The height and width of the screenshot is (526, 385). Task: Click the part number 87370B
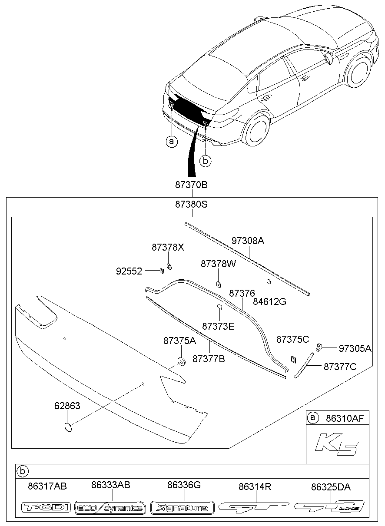click(x=191, y=185)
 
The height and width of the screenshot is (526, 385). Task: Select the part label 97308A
click(x=248, y=241)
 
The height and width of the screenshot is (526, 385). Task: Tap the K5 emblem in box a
click(x=336, y=444)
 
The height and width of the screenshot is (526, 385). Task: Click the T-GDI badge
click(x=46, y=507)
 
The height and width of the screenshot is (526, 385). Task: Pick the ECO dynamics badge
click(x=110, y=507)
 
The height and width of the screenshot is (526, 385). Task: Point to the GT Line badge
click(x=329, y=506)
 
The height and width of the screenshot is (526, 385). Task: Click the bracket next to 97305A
click(x=320, y=346)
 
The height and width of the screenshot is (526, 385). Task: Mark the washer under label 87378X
click(x=169, y=266)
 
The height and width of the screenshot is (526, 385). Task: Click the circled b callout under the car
click(x=205, y=161)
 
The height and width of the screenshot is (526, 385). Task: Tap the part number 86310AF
click(x=345, y=418)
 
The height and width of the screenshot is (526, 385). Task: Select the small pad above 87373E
click(x=219, y=307)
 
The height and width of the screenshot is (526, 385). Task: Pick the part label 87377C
click(x=340, y=367)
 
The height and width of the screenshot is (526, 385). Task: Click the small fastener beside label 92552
click(x=162, y=271)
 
